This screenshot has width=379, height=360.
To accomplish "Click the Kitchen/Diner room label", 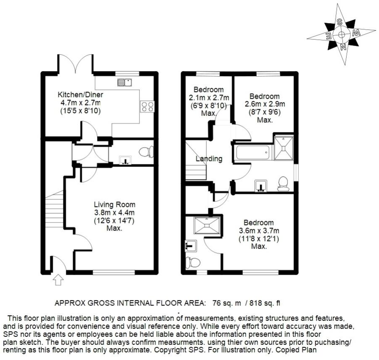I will point(80,94).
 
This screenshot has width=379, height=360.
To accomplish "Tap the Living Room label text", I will point(114,204).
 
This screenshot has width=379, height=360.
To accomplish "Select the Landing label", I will point(209,159).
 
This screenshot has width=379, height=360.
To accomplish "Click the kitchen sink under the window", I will point(124,82).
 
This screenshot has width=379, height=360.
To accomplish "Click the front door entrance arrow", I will point(58,279).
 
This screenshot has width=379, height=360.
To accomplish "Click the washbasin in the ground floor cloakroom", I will point(125,160).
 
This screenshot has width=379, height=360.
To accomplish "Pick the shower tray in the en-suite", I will point(207,225).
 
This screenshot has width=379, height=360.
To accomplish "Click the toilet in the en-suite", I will point(193,262).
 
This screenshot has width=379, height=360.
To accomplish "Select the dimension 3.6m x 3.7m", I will point(259,230).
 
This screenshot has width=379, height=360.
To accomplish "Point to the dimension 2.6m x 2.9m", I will point(265,104).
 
